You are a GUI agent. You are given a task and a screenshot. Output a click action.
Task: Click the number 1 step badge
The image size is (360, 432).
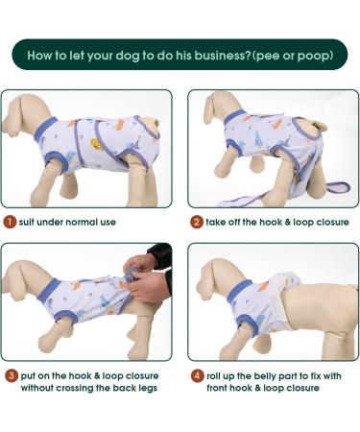coord(10,222)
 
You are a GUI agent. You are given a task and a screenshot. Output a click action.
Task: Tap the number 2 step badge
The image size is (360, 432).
coord(196,222)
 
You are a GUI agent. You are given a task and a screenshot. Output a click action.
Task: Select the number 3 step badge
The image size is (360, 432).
coord(10,375)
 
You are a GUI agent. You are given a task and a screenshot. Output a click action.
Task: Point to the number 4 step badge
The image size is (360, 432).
coord(196,375)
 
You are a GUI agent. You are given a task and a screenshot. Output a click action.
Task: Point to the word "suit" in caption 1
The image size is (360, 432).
coord(30,222)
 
